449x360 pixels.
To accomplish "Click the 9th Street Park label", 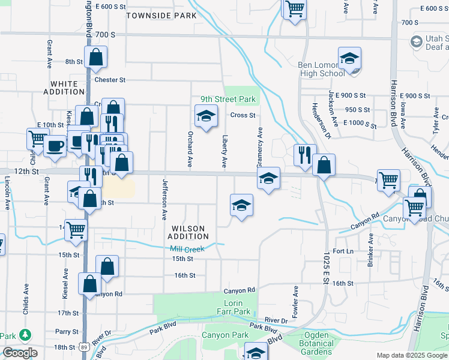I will point(228,99).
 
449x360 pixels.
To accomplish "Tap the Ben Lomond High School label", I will point(321,69).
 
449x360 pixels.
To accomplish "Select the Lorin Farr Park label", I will point(234,308).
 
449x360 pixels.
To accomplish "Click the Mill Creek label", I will point(187,249).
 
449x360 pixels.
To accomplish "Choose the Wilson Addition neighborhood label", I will point(188,232).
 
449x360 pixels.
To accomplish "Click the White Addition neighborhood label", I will point(64,88).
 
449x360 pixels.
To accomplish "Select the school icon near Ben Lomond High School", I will point(349,59).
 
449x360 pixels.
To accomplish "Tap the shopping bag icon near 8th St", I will point(95,58).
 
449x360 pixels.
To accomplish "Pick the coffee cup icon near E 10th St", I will point(55,145).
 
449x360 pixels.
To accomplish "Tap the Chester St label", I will point(109,79).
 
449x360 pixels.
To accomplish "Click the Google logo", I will point(19,353).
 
